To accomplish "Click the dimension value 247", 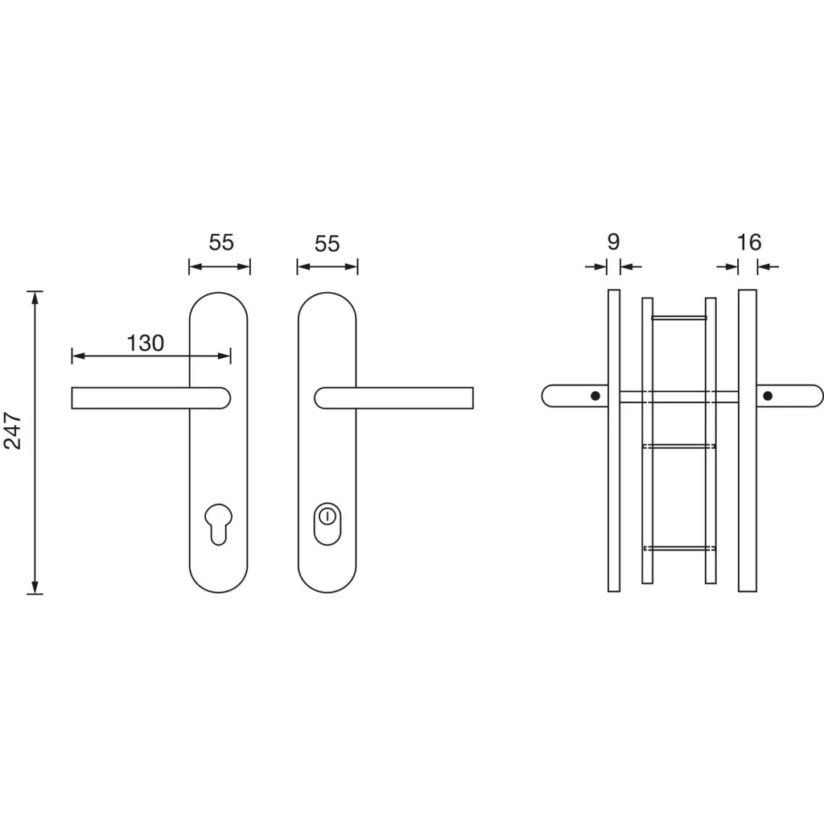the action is coord(13,431).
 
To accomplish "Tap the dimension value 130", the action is coord(146,343).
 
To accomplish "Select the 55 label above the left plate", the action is coord(221,242).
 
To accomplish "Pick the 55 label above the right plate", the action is coord(327,244).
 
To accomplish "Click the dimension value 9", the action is coord(613,241).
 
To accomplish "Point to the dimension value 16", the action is coord(749,242).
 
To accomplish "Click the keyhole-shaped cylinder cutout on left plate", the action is coord(218,524).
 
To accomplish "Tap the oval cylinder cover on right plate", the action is coord(327,524).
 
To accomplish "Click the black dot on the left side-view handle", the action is coord(595,396).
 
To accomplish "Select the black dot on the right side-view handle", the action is coord(768,396).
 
